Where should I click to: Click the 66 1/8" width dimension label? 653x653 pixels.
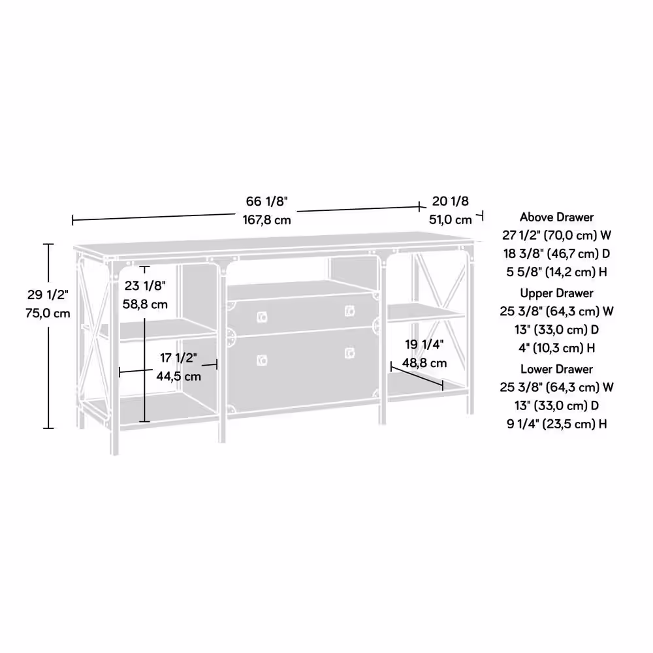pyautogui.click(x=266, y=202)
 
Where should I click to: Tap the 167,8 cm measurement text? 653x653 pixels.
pyautogui.click(x=266, y=220)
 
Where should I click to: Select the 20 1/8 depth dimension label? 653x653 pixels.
pyautogui.click(x=450, y=202)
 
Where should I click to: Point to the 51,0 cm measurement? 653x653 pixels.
pyautogui.click(x=451, y=220)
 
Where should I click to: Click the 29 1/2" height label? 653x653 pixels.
pyautogui.click(x=48, y=295)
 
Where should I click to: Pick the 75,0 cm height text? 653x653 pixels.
pyautogui.click(x=48, y=313)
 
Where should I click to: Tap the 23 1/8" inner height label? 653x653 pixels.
pyautogui.click(x=145, y=286)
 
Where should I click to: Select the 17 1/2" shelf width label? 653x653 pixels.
pyautogui.click(x=179, y=358)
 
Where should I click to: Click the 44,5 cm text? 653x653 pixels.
pyautogui.click(x=179, y=377)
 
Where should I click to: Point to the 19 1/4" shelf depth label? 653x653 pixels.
pyautogui.click(x=424, y=345)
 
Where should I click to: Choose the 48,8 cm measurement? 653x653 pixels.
pyautogui.click(x=424, y=363)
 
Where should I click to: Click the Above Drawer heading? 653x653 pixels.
pyautogui.click(x=557, y=217)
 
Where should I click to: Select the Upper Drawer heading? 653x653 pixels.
pyautogui.click(x=557, y=293)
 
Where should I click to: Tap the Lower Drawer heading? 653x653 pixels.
pyautogui.click(x=557, y=369)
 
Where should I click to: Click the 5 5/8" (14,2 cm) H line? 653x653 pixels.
pyautogui.click(x=557, y=272)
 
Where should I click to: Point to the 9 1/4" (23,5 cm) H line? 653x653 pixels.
pyautogui.click(x=557, y=424)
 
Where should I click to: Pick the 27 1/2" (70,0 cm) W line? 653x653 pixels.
pyautogui.click(x=557, y=235)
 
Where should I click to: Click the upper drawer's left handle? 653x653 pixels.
pyautogui.click(x=262, y=318)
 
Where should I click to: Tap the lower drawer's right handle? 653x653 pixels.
pyautogui.click(x=350, y=353)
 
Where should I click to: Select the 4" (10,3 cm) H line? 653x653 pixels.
pyautogui.click(x=557, y=348)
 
